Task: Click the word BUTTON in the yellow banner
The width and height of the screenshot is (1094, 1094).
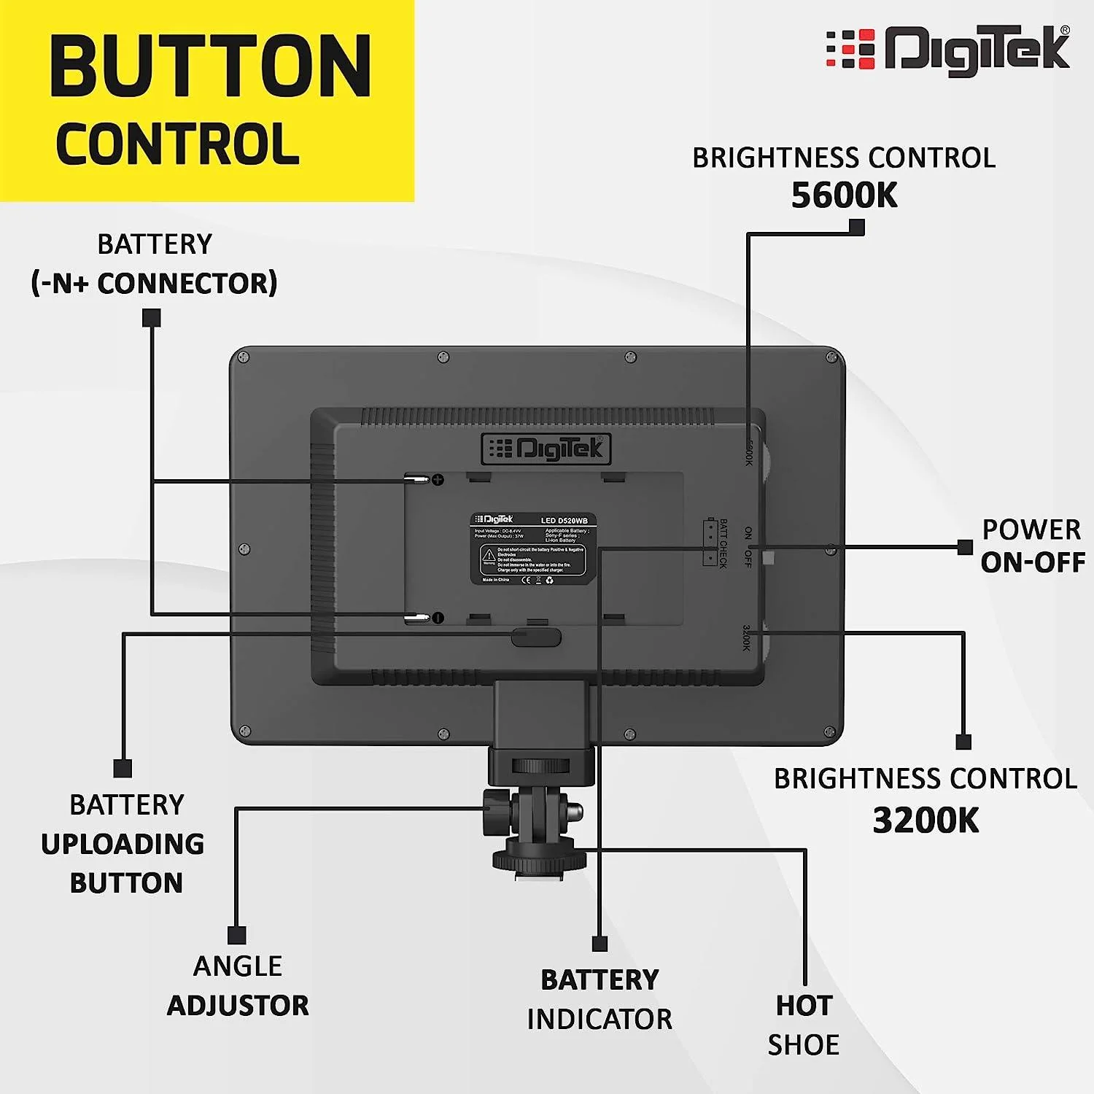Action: [x=211, y=67]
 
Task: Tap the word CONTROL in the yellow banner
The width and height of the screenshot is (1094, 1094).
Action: [x=178, y=144]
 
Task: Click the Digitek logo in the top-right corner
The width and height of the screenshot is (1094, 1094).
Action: [x=948, y=50]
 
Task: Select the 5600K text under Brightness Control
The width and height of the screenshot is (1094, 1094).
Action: [x=844, y=195]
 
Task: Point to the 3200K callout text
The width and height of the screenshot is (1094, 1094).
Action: [x=926, y=820]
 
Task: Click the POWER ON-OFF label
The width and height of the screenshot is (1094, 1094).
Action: [x=1032, y=546]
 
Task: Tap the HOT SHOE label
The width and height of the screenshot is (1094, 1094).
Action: [x=803, y=1025]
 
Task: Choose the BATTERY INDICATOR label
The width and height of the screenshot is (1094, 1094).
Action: [x=600, y=999]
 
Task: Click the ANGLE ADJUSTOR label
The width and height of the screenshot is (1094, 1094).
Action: [x=238, y=986]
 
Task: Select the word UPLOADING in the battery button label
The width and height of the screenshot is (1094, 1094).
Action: [x=123, y=844]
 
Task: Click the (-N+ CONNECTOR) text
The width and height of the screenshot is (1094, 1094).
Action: [x=155, y=283]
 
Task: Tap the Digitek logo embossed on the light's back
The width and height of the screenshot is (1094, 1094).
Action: [x=546, y=449]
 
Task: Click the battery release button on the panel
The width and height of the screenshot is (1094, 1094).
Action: [x=536, y=637]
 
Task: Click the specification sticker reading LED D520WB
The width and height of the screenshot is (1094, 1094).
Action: [x=533, y=548]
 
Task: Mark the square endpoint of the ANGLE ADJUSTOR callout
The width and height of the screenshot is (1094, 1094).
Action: [x=236, y=935]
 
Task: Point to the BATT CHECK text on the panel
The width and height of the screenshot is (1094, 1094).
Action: [x=723, y=543]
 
